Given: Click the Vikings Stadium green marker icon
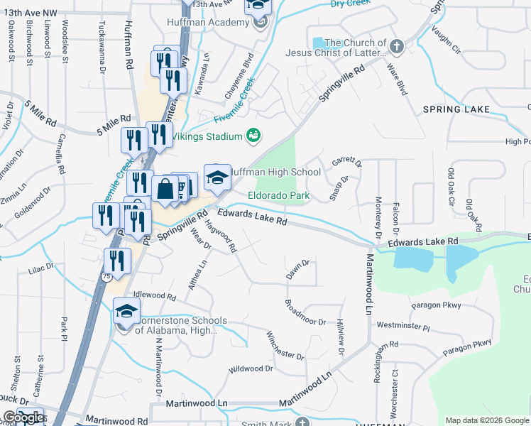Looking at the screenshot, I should (253, 134).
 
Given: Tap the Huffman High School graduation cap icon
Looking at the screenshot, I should (217, 177).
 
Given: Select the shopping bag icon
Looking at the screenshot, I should (165, 190).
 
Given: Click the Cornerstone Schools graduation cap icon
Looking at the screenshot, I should (126, 312).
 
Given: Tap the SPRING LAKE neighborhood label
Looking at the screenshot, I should (456, 109).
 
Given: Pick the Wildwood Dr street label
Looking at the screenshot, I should (251, 369).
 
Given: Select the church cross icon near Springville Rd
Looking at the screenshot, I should (396, 48).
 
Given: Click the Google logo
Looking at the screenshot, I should (23, 417).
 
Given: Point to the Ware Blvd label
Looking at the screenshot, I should (396, 79).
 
